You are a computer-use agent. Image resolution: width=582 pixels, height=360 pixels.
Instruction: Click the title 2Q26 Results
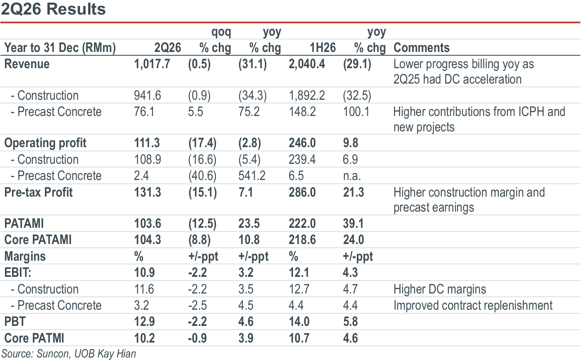(53, 9)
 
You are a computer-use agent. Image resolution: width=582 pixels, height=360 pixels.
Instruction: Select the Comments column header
(421, 48)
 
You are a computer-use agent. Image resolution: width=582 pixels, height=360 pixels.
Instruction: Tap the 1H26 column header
(322, 48)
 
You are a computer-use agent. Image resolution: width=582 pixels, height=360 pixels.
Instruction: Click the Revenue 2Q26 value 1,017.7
(152, 64)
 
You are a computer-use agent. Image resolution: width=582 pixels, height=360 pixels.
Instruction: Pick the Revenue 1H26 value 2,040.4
(307, 64)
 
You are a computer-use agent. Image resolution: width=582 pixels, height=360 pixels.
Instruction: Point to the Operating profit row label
(45, 143)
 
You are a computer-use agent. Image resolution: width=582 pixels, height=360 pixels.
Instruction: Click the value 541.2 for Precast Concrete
(252, 176)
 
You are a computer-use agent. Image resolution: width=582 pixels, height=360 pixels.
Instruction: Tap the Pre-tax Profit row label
(38, 192)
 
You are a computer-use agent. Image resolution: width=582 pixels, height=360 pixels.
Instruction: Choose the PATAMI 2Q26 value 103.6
(147, 224)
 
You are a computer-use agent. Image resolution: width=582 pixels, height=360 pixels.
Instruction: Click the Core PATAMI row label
(38, 239)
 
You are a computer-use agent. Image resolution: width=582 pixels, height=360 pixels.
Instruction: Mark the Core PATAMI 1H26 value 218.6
(302, 239)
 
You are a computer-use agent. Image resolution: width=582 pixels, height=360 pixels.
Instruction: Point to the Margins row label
(25, 256)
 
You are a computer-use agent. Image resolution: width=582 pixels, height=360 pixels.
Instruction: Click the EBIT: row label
(17, 273)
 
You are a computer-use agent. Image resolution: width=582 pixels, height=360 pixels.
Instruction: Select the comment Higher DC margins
(440, 289)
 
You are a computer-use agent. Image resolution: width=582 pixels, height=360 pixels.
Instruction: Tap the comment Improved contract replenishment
(473, 306)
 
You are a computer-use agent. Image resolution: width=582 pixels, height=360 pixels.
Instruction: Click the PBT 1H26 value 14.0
(299, 322)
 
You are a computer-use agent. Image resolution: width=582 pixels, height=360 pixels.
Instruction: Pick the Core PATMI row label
(34, 338)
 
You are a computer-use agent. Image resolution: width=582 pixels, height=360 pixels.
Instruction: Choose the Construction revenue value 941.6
(147, 96)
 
